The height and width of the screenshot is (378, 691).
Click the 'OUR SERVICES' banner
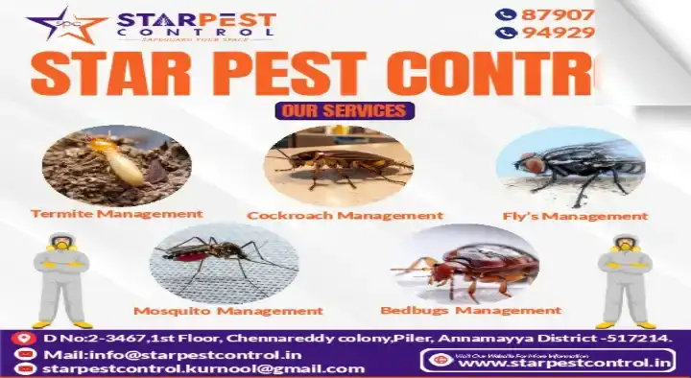345,110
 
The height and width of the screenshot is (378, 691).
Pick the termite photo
117,165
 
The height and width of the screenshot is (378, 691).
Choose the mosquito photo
224,262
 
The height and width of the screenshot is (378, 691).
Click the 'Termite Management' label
117,213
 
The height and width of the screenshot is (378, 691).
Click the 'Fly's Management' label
575,216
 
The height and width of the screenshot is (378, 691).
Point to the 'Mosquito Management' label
227,310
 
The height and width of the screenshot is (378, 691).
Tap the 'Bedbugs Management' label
470,310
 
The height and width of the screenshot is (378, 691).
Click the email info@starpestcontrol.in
154,355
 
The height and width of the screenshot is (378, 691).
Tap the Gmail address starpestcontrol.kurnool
167,369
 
